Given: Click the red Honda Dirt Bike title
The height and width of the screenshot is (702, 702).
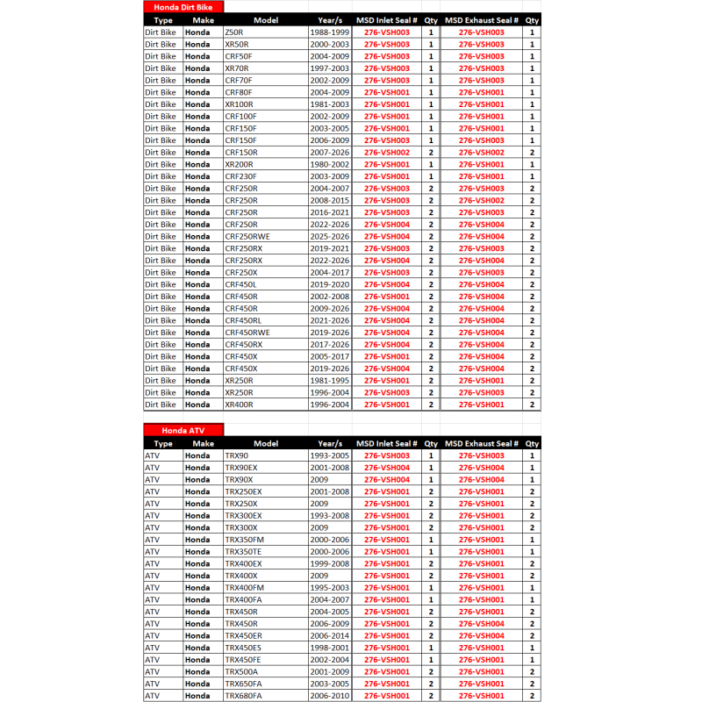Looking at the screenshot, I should pyautogui.click(x=183, y=7).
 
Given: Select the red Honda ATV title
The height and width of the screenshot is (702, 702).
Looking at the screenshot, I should pyautogui.click(x=183, y=431).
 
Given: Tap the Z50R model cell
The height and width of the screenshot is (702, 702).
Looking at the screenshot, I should pyautogui.click(x=235, y=32).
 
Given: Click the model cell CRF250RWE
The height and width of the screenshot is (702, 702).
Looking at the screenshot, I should pyautogui.click(x=247, y=236).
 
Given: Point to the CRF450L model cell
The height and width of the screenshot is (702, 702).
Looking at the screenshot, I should pyautogui.click(x=240, y=284).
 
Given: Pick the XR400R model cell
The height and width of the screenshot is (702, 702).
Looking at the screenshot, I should pyautogui.click(x=239, y=405).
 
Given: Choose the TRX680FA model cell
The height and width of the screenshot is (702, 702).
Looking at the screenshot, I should pyautogui.click(x=243, y=695).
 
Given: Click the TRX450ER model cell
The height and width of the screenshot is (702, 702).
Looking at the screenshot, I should pyautogui.click(x=243, y=635).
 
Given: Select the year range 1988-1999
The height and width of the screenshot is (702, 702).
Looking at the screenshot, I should pyautogui.click(x=330, y=32).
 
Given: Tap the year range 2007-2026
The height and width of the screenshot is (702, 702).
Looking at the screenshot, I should pyautogui.click(x=330, y=152).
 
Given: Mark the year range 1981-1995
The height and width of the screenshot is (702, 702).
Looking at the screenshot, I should pyautogui.click(x=330, y=380).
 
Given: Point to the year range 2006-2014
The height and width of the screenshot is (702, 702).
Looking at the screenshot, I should pyautogui.click(x=330, y=635).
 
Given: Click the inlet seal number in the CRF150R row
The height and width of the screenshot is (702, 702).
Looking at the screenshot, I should pyautogui.click(x=386, y=152).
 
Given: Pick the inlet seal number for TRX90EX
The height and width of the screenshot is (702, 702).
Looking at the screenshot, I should pyautogui.click(x=386, y=468).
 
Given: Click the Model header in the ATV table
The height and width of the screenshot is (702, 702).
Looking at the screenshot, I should pyautogui.click(x=266, y=443).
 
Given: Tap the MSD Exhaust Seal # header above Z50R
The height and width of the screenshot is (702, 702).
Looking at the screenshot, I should pyautogui.click(x=482, y=19).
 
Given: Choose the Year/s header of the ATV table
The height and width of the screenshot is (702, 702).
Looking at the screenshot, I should pyautogui.click(x=330, y=443).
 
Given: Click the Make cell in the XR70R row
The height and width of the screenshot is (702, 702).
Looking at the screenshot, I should pyautogui.click(x=197, y=68).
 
